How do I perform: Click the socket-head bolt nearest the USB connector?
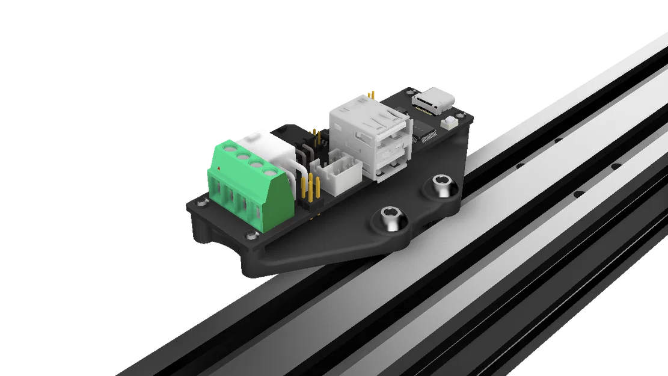point(441,187)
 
